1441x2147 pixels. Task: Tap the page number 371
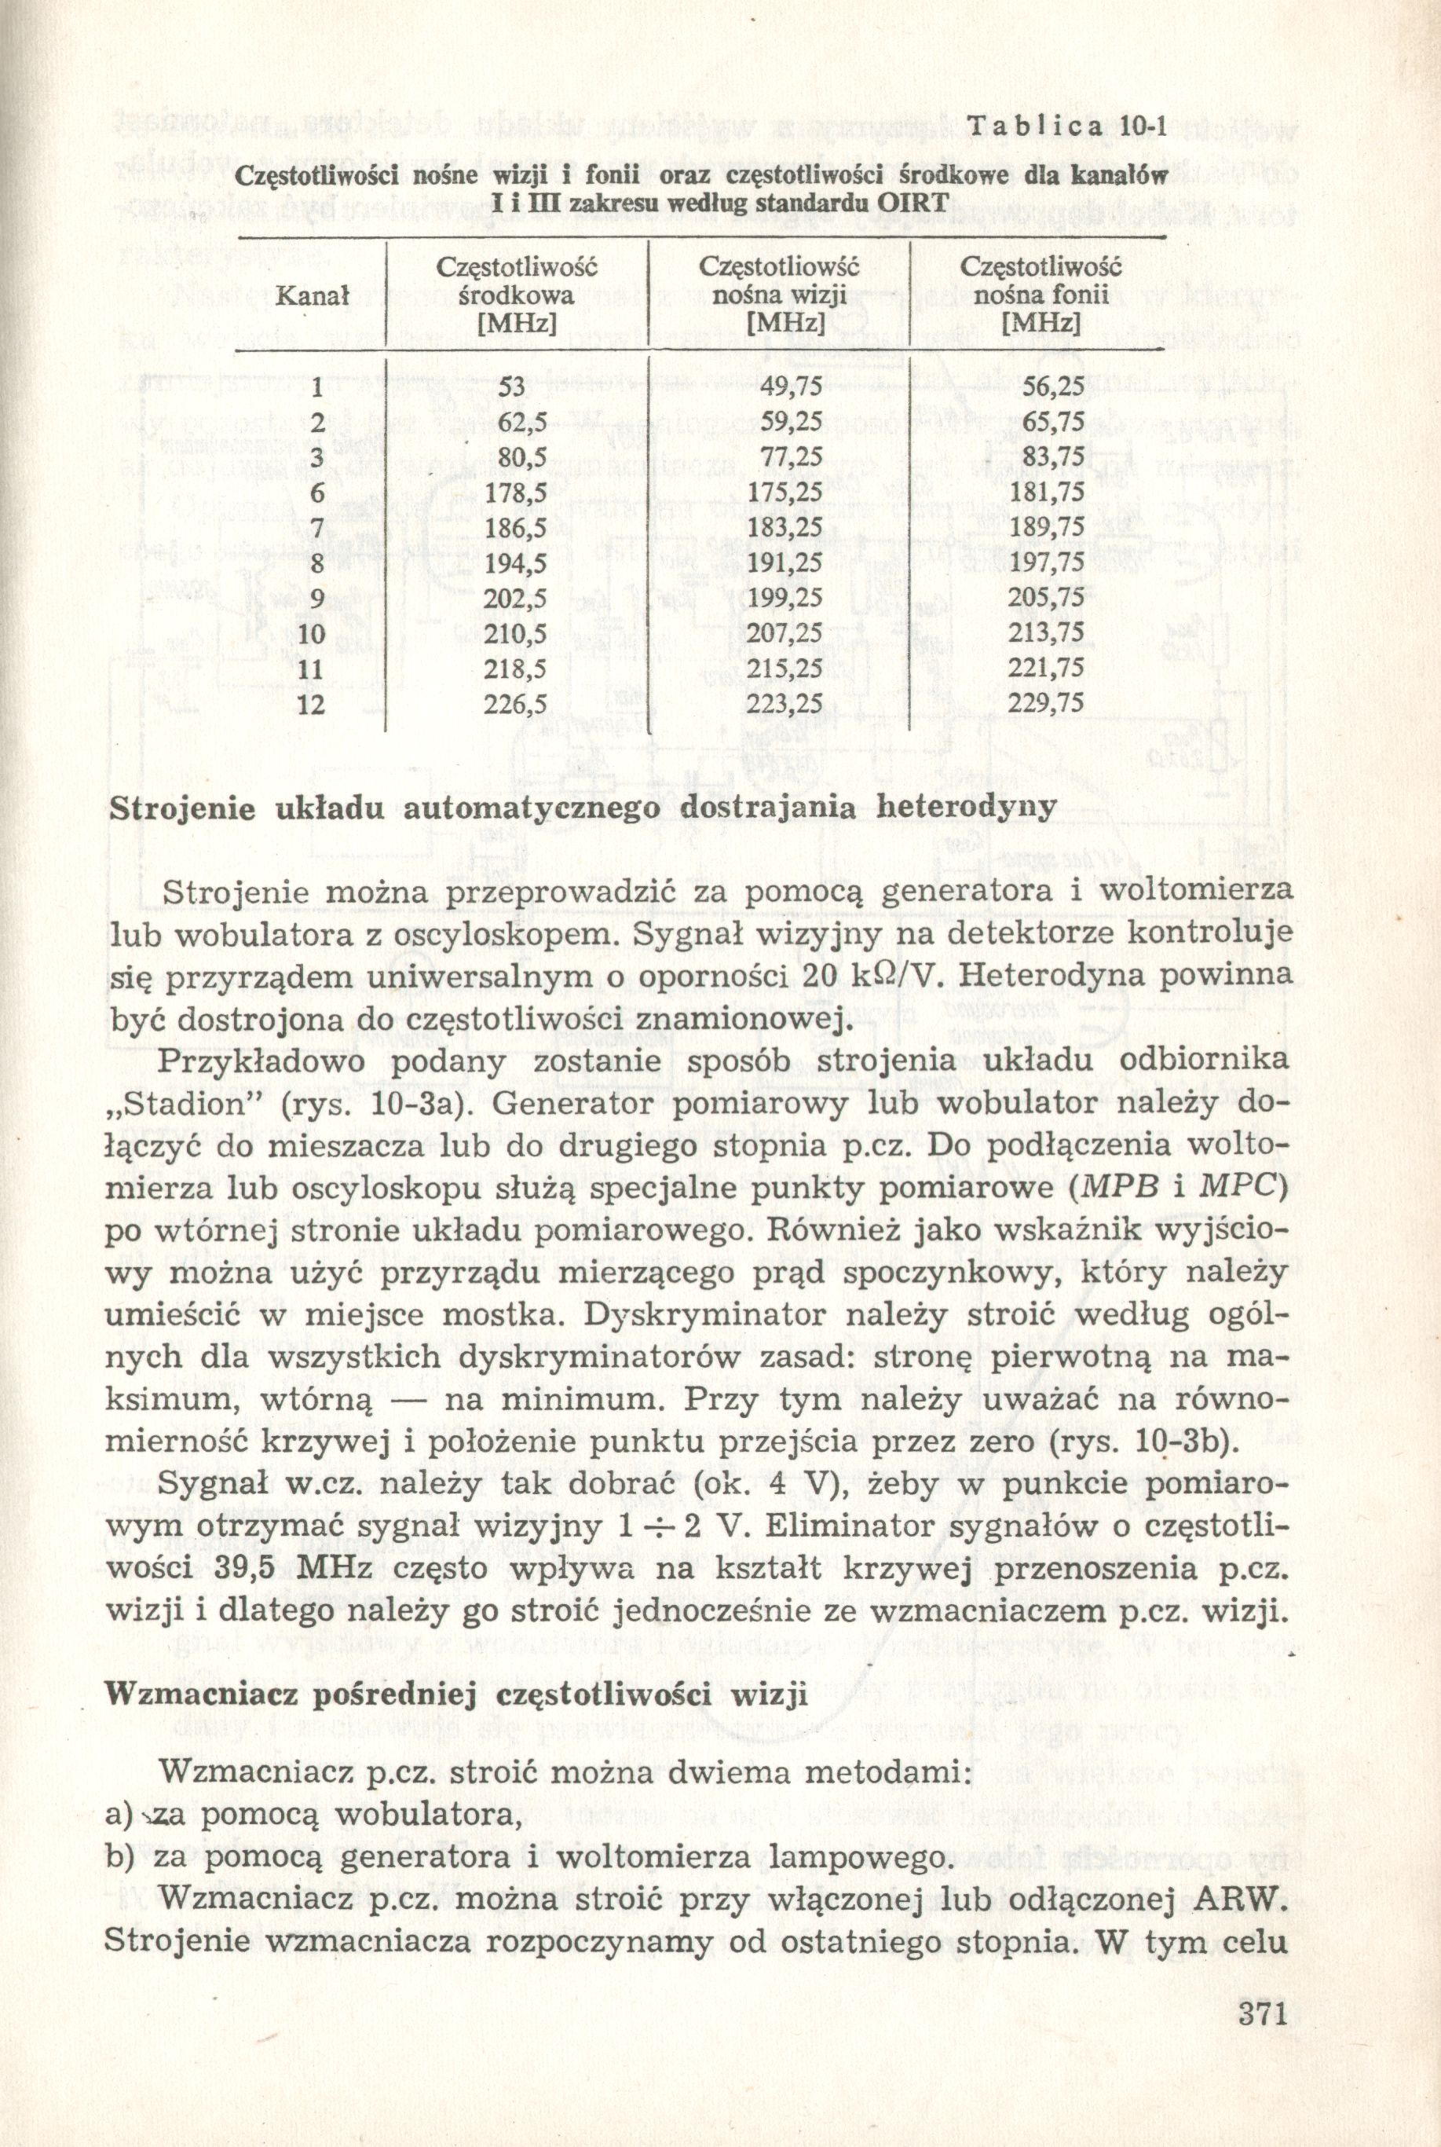[1259, 2038]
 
